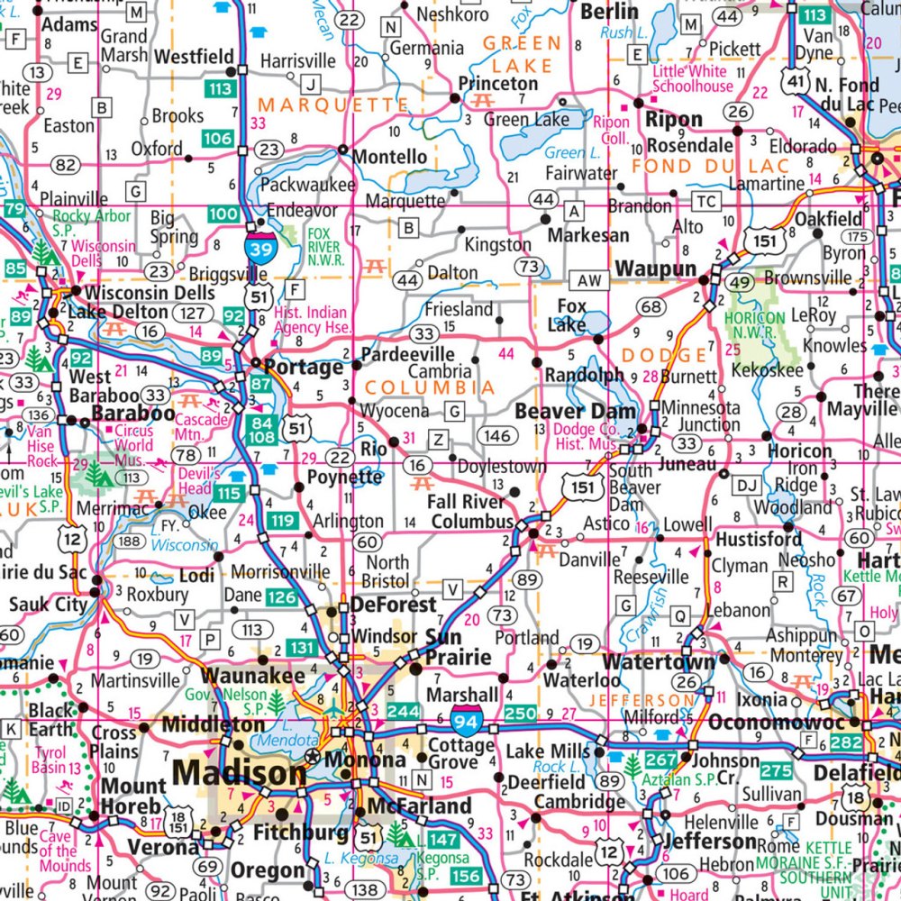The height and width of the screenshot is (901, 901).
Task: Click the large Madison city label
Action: click(240, 772)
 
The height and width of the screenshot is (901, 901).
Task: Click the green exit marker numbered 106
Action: click(217, 139)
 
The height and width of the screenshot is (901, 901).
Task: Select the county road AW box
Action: click(590, 281)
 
